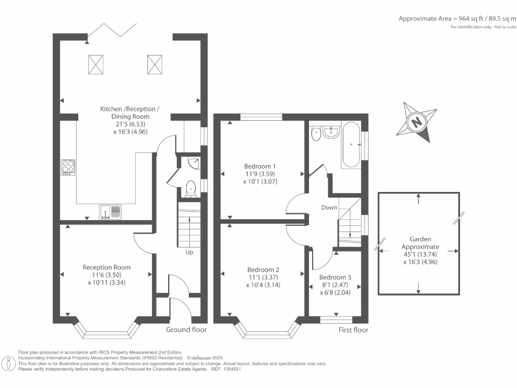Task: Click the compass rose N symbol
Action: click(x=417, y=122)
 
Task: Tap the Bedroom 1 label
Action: click(x=260, y=166)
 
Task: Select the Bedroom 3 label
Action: click(x=335, y=277)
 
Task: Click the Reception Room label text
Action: click(x=107, y=267)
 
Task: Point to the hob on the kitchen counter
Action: click(x=68, y=167)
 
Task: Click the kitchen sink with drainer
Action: click(x=110, y=212)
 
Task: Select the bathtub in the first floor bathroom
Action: click(x=351, y=145)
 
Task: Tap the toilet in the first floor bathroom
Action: click(x=316, y=133)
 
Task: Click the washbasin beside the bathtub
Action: click(x=331, y=132)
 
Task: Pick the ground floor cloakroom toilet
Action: click(x=191, y=189)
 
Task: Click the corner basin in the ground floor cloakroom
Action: click(x=194, y=163)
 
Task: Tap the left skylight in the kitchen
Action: click(x=95, y=65)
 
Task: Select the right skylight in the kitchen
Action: click(x=154, y=65)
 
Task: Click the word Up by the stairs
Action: click(x=189, y=253)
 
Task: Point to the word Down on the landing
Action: click(x=329, y=208)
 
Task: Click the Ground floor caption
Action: click(x=186, y=329)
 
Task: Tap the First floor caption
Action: click(x=353, y=330)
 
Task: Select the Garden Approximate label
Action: click(x=421, y=243)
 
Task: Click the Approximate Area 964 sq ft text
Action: click(x=457, y=19)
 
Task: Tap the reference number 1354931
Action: click(x=233, y=369)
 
